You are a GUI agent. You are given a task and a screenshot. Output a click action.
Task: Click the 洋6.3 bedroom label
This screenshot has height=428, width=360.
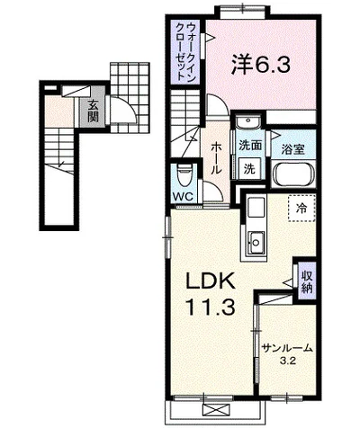(260, 65)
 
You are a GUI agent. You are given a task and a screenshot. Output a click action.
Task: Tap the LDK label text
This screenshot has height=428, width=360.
(211, 281)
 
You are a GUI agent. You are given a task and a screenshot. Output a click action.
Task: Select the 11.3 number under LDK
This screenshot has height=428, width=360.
(210, 307)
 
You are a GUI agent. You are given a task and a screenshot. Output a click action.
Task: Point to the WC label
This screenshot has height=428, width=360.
(183, 197)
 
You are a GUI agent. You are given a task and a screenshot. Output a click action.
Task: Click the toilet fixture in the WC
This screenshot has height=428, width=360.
(184, 177)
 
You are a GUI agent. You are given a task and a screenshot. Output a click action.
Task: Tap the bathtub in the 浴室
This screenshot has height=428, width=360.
(294, 174)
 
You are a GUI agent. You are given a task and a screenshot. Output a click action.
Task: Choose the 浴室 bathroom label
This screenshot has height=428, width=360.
(292, 149)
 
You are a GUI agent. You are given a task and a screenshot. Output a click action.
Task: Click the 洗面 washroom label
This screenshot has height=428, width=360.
(250, 146)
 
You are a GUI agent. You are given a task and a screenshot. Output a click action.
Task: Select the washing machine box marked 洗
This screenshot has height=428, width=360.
(249, 169)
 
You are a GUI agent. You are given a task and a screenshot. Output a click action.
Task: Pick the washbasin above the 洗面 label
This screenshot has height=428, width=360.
(248, 122)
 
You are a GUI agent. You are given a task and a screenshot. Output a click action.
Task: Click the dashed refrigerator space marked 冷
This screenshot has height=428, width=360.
(301, 208)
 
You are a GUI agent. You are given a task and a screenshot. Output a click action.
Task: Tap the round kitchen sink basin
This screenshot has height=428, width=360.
(256, 242)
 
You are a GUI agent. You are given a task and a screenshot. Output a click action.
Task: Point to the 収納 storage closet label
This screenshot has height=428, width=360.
(307, 281)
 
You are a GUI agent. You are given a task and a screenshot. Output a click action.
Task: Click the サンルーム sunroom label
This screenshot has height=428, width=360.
(287, 348)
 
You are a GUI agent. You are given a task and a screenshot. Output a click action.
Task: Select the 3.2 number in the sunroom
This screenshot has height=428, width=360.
(288, 361)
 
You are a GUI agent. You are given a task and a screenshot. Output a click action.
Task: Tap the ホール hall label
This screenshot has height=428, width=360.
(216, 158)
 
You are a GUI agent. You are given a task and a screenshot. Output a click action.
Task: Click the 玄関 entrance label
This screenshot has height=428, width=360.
(93, 110)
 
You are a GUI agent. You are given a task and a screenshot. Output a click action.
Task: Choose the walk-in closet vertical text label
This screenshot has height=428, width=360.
(186, 51)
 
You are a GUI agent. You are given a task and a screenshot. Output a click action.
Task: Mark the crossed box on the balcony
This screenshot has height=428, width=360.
(216, 409)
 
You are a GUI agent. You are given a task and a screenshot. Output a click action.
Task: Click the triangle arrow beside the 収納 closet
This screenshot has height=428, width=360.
(288, 282)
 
